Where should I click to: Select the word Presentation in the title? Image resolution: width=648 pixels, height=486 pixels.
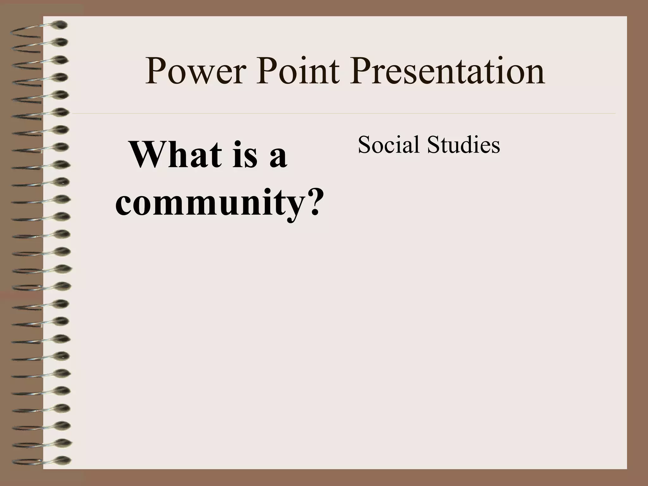(447, 72)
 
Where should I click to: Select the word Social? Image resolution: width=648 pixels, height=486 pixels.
(389, 145)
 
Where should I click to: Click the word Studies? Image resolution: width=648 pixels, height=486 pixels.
(464, 145)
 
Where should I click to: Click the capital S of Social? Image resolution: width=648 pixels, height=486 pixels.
(364, 145)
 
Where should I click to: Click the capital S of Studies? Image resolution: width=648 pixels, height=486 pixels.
(433, 145)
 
